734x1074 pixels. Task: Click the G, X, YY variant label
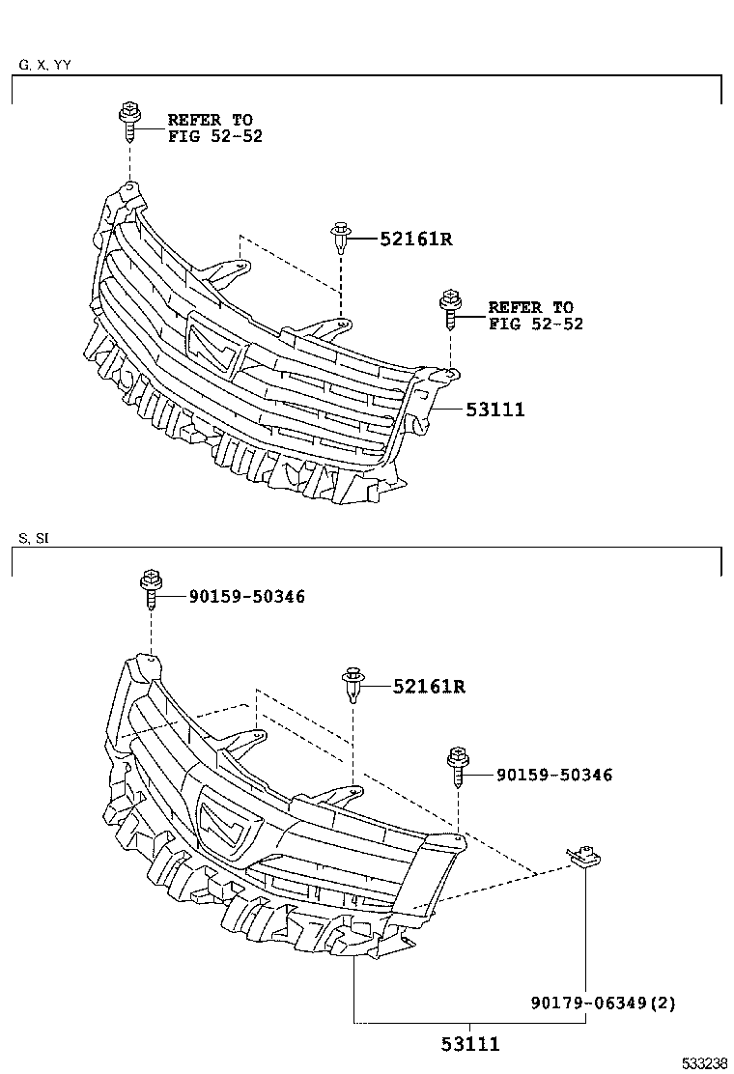44,66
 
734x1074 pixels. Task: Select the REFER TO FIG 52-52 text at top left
214,127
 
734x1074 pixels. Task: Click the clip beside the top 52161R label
339,237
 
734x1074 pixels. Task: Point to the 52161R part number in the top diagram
415,238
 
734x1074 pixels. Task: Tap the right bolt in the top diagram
449,306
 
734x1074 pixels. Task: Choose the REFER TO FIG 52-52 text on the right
535,316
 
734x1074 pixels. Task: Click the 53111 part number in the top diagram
494,410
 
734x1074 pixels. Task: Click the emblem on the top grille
215,342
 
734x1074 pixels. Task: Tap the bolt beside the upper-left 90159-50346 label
151,589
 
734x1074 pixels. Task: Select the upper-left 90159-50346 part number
246,597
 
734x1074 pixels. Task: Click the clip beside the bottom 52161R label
353,685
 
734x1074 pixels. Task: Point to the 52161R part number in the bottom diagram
429,687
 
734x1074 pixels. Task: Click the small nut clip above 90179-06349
582,853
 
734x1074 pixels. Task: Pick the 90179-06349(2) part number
603,1003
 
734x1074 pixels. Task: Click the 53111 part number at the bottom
470,1043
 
